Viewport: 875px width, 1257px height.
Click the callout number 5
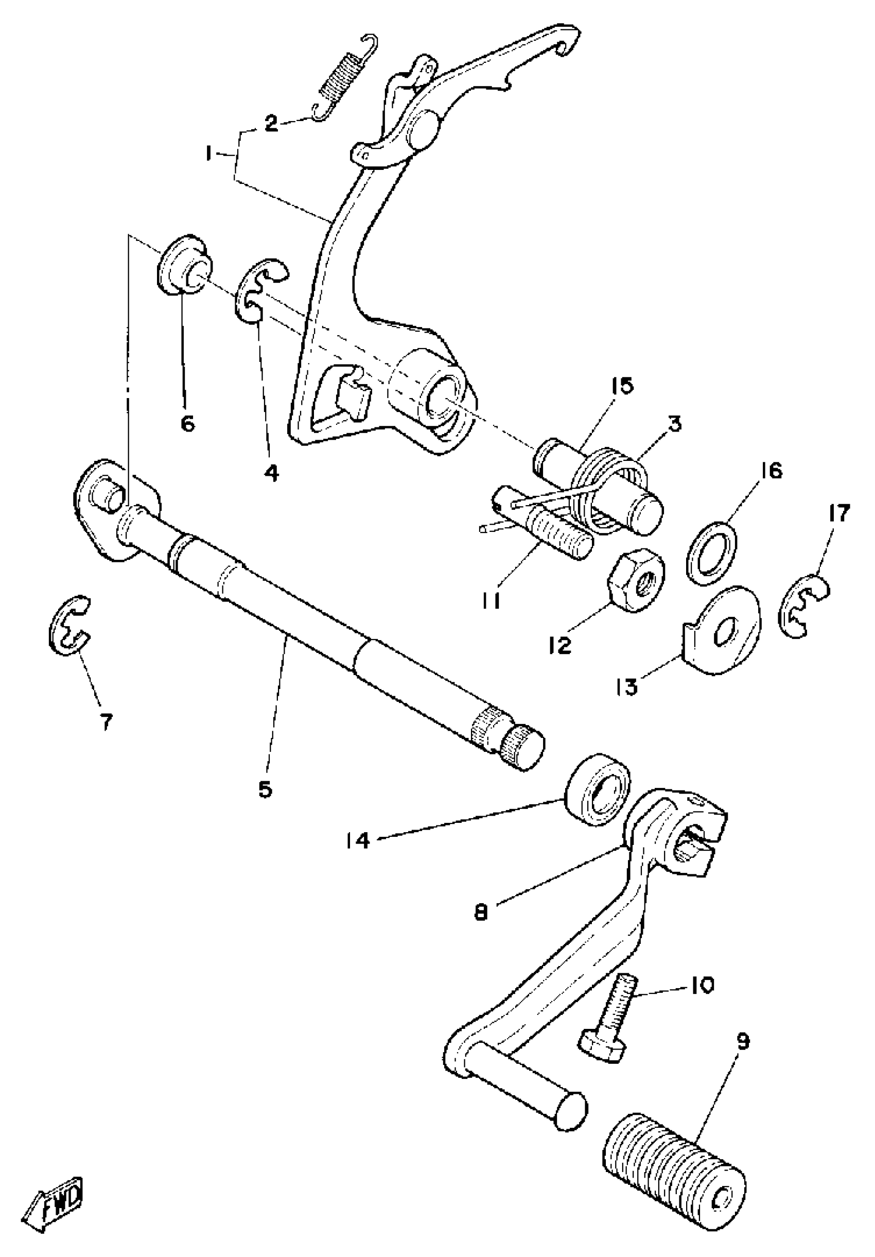(x=266, y=789)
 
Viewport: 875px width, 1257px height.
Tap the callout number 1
(x=208, y=156)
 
